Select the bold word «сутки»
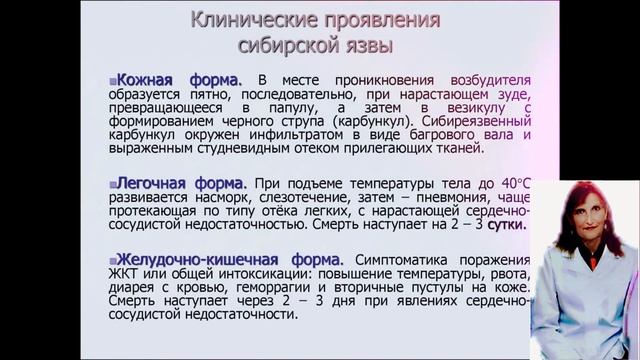click(x=507, y=224)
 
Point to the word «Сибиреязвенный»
click(x=461, y=114)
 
